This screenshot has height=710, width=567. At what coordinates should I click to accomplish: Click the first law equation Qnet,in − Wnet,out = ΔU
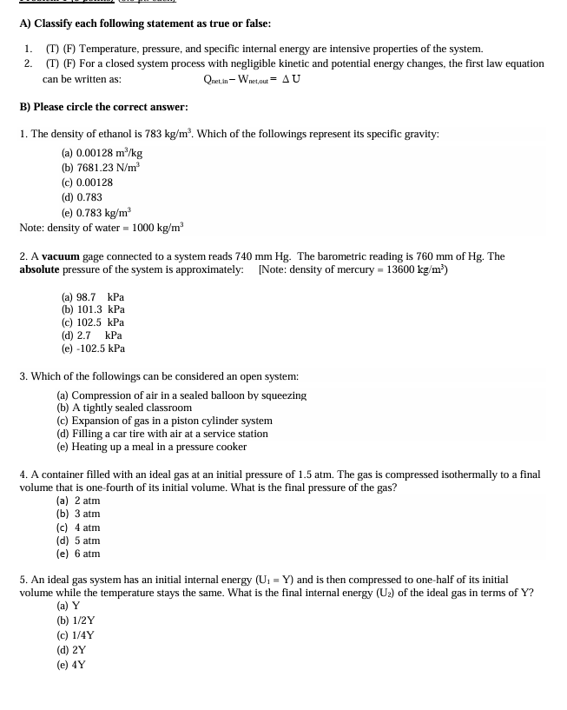pos(252,79)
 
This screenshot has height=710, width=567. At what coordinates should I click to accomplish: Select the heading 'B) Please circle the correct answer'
pos(103,107)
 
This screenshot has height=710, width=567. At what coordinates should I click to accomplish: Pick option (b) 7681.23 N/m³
pos(100,167)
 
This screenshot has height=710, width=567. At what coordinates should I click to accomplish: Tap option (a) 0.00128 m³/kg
pos(102,152)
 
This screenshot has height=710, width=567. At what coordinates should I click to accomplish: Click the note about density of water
pos(101,228)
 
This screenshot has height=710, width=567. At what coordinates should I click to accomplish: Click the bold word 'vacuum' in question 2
pos(61,256)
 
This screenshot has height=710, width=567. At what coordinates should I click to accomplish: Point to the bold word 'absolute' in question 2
pos(40,269)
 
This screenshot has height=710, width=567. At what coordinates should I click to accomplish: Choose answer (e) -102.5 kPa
pos(93,348)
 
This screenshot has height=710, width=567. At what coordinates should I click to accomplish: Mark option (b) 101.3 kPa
pos(93,309)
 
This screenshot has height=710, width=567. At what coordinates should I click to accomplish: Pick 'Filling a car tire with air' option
pos(162,433)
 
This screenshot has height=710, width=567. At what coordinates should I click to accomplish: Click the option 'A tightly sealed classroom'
pos(124,407)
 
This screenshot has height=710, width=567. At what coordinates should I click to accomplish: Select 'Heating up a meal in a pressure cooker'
pos(152,447)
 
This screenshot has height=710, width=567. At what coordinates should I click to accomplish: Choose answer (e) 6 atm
pos(78,554)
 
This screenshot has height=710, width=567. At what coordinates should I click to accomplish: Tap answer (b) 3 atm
pos(78,514)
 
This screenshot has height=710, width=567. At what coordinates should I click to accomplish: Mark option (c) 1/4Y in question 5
pos(76,634)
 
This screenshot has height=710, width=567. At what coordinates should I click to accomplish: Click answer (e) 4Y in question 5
pos(71,665)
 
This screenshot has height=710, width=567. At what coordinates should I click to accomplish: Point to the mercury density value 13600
pos(399,269)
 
